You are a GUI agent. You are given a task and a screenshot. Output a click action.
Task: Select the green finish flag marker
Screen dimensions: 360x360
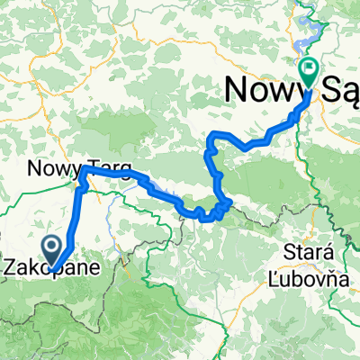pos(309,69)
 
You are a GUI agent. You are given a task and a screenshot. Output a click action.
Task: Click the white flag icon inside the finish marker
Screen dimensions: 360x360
pos(309,66)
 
